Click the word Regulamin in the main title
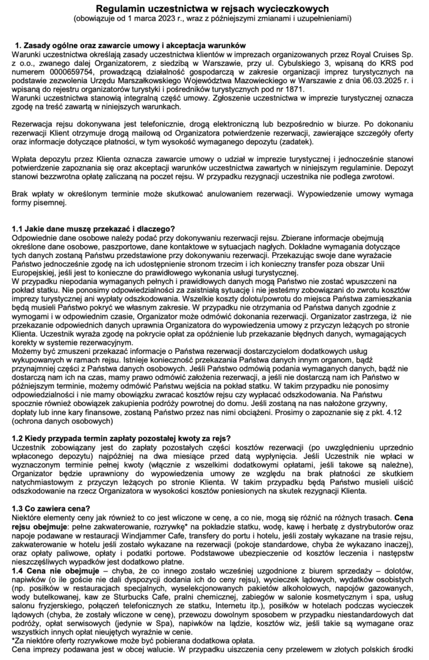[x=124, y=8]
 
